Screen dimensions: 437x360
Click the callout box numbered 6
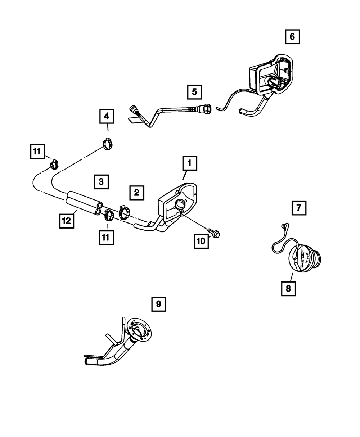coord(292,36)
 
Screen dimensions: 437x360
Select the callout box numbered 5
coord(194,92)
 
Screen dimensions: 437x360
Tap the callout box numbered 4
coord(107,116)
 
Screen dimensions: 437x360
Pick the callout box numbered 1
coord(189,164)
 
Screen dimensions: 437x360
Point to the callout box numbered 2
coord(136,193)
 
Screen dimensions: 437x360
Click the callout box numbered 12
coord(67,220)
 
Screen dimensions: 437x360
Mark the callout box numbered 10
coord(201,241)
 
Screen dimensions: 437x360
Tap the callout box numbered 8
coord(289,288)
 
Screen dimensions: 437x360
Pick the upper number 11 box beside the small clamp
coord(37,152)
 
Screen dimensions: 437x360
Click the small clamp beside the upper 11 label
coord(54,165)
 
